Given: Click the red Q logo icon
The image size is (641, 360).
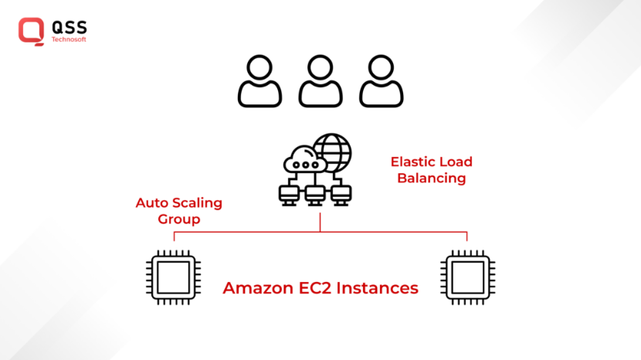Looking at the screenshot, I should (31, 29).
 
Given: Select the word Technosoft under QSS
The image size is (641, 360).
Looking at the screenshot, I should (69, 39).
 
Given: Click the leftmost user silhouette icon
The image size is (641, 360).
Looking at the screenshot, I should (259, 81).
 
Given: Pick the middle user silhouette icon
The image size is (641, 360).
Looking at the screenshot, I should (320, 81).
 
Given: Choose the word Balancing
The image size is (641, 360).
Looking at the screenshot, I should (431, 178).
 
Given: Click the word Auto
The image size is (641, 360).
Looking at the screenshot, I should (151, 203).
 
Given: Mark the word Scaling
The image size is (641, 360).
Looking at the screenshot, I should (196, 204).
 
